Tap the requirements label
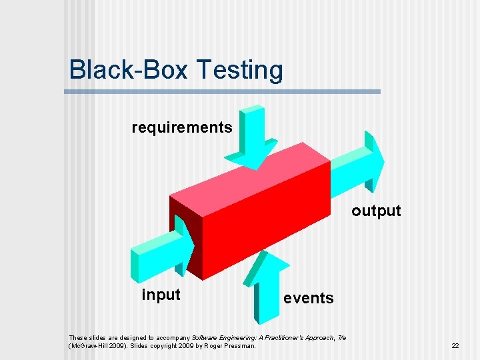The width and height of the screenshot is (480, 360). [182, 127]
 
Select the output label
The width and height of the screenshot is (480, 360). [376, 211]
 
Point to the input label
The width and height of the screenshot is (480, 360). [161, 295]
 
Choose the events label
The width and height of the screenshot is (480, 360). [308, 298]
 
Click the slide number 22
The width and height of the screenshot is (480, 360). [455, 345]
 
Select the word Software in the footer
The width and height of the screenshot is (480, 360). [205, 337]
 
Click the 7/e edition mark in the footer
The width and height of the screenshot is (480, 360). [341, 337]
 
